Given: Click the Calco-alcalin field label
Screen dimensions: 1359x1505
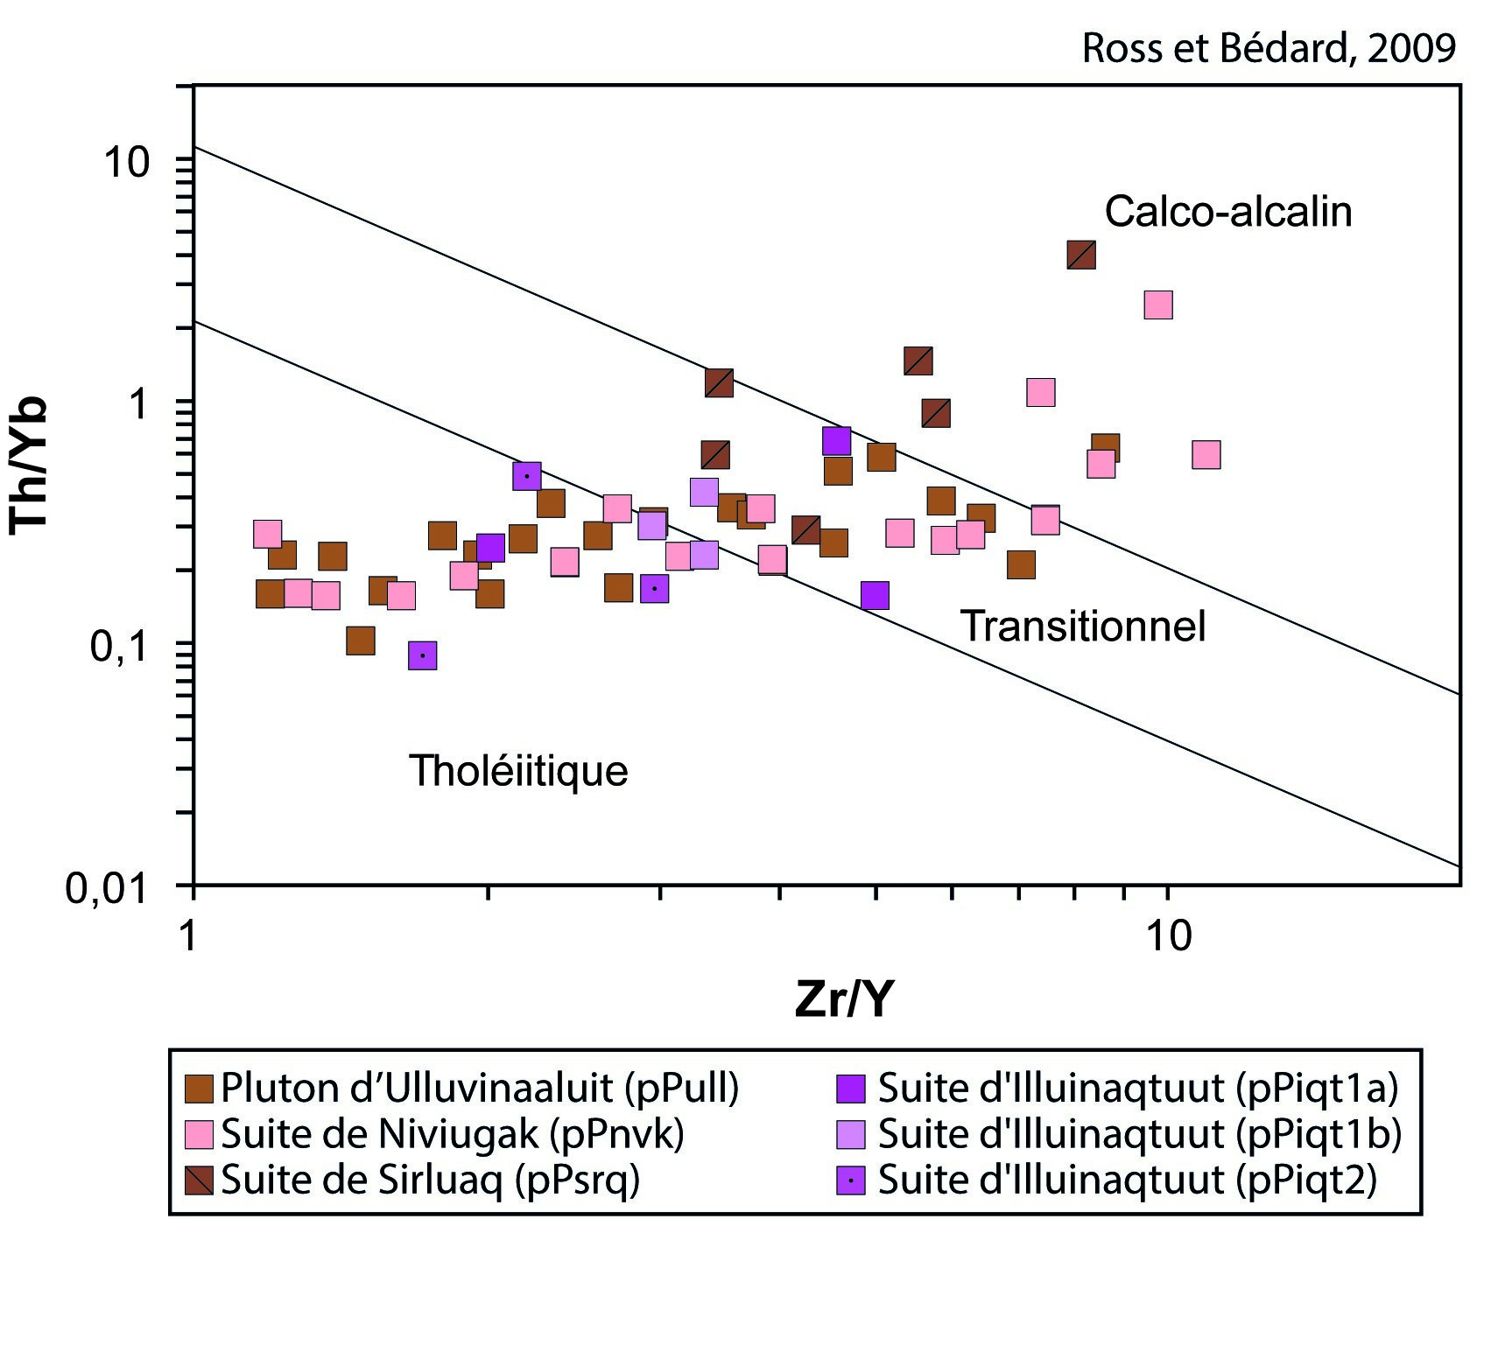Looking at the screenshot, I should click(x=1227, y=212).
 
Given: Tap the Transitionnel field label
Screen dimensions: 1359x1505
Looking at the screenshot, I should click(x=1083, y=627).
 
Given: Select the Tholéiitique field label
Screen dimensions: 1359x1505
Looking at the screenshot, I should click(x=518, y=771).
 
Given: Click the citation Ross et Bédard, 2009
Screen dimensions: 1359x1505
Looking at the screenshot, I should click(x=1269, y=48).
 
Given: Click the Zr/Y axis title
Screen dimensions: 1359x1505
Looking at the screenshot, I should click(x=844, y=998).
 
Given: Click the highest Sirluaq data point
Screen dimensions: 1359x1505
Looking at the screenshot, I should click(x=1081, y=255).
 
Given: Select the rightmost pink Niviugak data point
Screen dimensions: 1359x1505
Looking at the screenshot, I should click(x=1206, y=455).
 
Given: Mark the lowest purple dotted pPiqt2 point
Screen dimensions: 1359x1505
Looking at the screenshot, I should click(x=423, y=655).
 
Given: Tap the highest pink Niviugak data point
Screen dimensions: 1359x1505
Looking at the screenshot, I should click(x=1157, y=305).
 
